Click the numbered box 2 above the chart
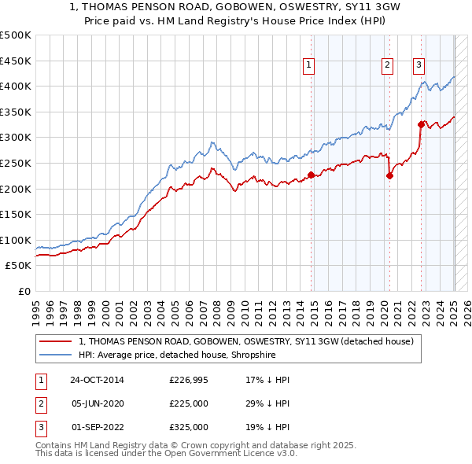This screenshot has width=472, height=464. pyautogui.click(x=388, y=65)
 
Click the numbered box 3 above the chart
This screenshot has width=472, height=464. pyautogui.click(x=419, y=65)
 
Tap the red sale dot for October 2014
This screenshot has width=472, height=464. pyautogui.click(x=311, y=175)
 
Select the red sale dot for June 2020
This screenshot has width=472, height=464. pyautogui.click(x=389, y=175)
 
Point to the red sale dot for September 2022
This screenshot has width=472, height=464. pyautogui.click(x=421, y=124)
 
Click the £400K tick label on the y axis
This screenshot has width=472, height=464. pyautogui.click(x=17, y=86)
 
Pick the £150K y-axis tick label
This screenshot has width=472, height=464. pyautogui.click(x=17, y=214)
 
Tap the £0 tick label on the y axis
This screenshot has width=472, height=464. pyautogui.click(x=24, y=291)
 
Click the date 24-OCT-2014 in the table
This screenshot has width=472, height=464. pyautogui.click(x=97, y=380)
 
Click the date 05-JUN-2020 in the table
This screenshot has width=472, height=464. pyautogui.click(x=97, y=403)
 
